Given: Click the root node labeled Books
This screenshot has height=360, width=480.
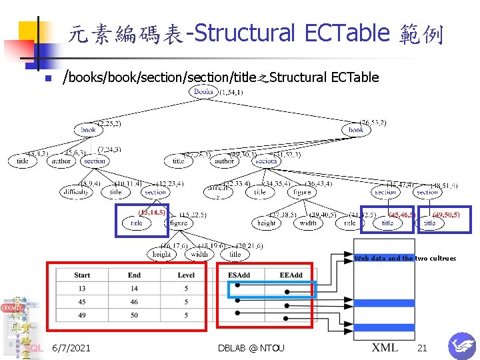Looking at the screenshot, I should click(x=203, y=91).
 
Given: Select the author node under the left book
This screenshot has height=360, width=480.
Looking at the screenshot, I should click(x=61, y=161).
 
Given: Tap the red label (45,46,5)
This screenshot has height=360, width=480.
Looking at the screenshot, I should click(x=403, y=215).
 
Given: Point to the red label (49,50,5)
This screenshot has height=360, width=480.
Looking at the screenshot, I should click(x=446, y=215).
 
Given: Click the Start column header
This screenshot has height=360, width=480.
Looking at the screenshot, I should click(x=82, y=275).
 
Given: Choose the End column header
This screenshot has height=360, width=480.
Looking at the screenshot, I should click(x=134, y=275).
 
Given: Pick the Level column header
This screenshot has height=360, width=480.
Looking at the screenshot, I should click(x=186, y=275).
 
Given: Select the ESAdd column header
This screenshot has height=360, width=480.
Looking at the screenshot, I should click(x=239, y=275).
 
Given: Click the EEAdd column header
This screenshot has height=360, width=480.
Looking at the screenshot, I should click(x=291, y=275).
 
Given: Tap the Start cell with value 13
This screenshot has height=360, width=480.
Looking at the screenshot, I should click(x=82, y=289).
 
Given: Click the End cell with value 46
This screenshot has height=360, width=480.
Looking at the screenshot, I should click(x=134, y=302).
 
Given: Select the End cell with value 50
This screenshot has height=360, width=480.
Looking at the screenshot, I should click(x=134, y=315).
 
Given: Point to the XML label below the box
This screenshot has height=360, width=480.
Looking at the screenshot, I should click(x=385, y=347).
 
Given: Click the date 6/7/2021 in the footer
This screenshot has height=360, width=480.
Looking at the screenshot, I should click(x=71, y=348).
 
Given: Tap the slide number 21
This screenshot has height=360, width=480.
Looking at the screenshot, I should click(x=422, y=348).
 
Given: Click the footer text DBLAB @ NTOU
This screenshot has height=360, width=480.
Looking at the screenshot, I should click(x=251, y=348).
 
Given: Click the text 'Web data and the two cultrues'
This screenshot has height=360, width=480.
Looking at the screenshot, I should click(x=405, y=259).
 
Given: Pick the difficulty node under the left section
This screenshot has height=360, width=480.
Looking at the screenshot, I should click(x=75, y=192).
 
